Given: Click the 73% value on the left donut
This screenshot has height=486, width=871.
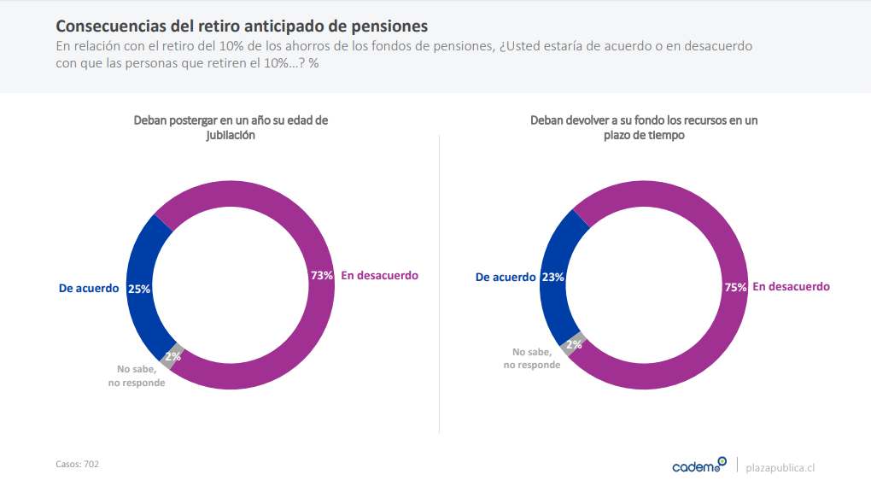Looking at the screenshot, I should tap(321, 276).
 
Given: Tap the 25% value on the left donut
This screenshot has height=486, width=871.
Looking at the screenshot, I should tap(138, 289).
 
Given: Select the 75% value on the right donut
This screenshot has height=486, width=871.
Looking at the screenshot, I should tap(735, 287).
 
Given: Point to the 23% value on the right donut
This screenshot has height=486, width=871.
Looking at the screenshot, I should tap(552, 277).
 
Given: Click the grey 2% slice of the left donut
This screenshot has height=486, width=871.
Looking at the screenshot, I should tap(172, 356).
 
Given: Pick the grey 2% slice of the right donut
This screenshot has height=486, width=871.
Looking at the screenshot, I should tap(574, 344).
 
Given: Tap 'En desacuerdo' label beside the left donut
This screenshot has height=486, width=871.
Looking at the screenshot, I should tap(379, 275).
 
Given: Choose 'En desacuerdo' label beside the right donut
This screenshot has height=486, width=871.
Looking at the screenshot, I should tap(791, 286).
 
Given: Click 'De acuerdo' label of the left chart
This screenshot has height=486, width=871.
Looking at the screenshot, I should tap(89, 289).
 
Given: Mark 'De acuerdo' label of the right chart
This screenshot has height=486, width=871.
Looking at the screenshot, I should tap(506, 277).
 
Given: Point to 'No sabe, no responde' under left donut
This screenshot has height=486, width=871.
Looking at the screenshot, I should tap(137, 376).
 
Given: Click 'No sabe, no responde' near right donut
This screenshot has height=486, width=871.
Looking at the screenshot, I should tap(532, 358).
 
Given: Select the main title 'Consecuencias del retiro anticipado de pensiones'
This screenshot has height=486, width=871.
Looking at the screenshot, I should tap(242, 26).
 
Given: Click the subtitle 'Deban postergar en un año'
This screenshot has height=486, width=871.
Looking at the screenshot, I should tap(231, 127).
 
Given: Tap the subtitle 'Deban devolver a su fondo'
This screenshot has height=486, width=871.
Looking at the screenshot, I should tap(643, 127).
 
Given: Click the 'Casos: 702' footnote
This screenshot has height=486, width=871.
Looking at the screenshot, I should tap(77, 464).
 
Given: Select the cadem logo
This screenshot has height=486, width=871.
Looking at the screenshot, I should tap(699, 466).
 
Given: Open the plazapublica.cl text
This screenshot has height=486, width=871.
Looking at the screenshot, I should tap(780, 467).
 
